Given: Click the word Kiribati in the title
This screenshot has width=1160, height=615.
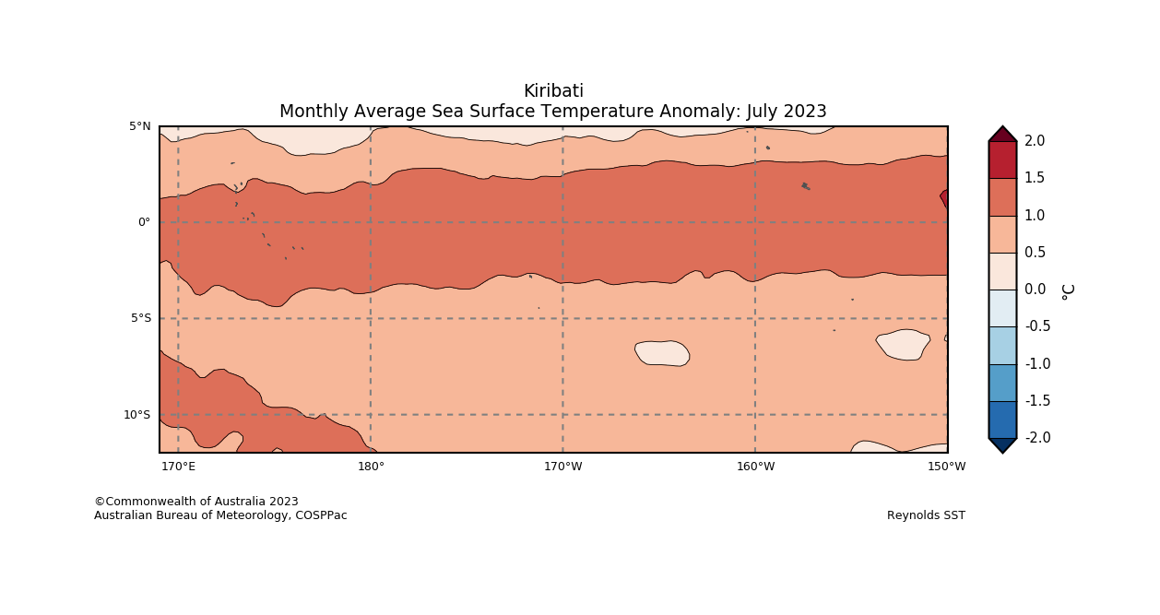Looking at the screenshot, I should pyautogui.click(x=553, y=91).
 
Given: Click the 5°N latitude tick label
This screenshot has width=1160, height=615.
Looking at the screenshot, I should pyautogui.click(x=140, y=126).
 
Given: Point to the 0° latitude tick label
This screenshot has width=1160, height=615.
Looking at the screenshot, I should pyautogui.click(x=144, y=222).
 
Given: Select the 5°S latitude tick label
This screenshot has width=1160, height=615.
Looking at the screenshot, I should pyautogui.click(x=141, y=318).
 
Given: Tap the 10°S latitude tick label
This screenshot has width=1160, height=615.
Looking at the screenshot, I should pyautogui.click(x=137, y=415).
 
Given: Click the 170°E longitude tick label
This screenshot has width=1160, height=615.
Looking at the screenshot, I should pyautogui.click(x=178, y=467).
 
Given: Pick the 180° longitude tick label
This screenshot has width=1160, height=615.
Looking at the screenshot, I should pyautogui.click(x=371, y=467).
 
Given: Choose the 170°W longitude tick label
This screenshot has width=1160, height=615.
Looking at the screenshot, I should pyautogui.click(x=562, y=467).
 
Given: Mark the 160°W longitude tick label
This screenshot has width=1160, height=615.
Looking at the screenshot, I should pyautogui.click(x=755, y=467).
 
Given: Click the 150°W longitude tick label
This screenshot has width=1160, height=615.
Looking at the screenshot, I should pyautogui.click(x=947, y=467).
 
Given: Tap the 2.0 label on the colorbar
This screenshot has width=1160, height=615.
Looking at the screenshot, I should pyautogui.click(x=1035, y=141).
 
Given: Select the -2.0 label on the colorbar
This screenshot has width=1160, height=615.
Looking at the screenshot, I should pyautogui.click(x=1037, y=438).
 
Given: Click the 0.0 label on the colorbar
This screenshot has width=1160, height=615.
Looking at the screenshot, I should pyautogui.click(x=1035, y=290).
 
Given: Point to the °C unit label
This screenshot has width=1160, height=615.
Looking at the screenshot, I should pyautogui.click(x=1068, y=291).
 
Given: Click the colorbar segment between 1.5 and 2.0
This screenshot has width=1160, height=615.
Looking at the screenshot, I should pyautogui.click(x=1002, y=160).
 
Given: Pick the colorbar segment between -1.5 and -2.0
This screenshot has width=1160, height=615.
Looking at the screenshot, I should pyautogui.click(x=1002, y=420).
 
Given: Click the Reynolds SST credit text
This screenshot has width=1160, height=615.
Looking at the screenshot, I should pyautogui.click(x=926, y=515).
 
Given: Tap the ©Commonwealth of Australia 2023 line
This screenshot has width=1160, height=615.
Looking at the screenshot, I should pyautogui.click(x=196, y=502).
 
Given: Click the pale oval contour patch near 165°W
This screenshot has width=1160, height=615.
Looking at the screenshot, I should pyautogui.click(x=662, y=353).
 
